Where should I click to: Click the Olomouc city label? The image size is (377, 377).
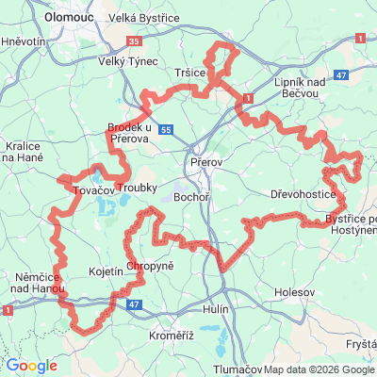tap(68, 16)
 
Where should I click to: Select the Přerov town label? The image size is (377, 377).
tap(205, 162)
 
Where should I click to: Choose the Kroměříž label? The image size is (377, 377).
tap(171, 336)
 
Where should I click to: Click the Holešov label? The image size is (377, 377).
tap(294, 293)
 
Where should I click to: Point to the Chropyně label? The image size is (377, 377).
tap(150, 267)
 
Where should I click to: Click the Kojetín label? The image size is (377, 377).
tap(106, 270)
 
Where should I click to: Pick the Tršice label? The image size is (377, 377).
tap(192, 73)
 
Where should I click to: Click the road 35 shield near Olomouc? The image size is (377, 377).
tap(134, 42)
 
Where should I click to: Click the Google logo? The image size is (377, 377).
tap(31, 365)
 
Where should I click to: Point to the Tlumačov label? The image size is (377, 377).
tap(237, 369)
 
